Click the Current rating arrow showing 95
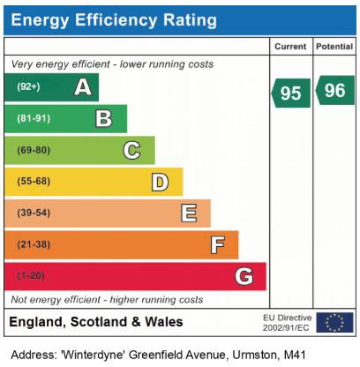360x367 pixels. (x=291, y=93)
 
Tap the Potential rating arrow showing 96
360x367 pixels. (x=335, y=90)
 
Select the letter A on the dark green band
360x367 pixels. (x=83, y=87)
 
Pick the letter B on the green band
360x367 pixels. (x=104, y=118)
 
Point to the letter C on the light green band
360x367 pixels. (x=131, y=150)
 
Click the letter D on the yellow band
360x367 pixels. (x=160, y=182)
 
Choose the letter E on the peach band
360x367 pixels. (x=189, y=213)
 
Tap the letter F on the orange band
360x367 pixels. (x=218, y=245)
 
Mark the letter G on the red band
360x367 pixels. (x=244, y=276)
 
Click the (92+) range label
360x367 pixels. (x=28, y=86)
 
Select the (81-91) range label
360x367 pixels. (x=34, y=118)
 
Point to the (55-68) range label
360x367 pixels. (x=34, y=181)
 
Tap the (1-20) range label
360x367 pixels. (x=31, y=276)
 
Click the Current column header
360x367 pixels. (x=290, y=47)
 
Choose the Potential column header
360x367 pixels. (x=334, y=47)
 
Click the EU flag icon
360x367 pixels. (x=334, y=323)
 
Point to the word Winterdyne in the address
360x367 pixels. (x=93, y=355)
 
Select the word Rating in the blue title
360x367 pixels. (x=190, y=20)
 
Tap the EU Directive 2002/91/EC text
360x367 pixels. (x=288, y=323)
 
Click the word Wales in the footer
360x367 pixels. (x=164, y=322)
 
